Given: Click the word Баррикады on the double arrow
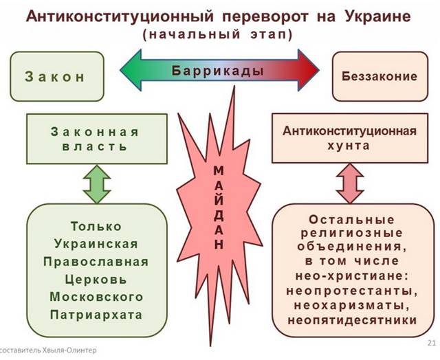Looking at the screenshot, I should (219, 71).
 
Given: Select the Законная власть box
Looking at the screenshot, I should (95, 139).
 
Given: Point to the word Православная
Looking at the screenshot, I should (96, 262).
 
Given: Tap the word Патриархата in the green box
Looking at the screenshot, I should (96, 315).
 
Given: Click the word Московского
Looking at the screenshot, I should (96, 297).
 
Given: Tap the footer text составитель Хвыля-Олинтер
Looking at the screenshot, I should (48, 350).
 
